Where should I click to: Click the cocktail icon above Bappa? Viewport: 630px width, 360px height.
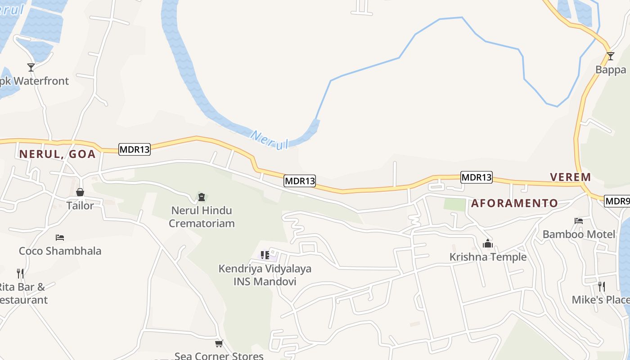610,56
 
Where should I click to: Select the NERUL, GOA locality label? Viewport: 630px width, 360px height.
57,154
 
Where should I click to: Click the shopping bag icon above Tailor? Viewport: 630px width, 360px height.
80,193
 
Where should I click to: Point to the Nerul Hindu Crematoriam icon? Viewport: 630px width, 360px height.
201,197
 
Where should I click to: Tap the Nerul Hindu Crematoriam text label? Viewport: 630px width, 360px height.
202,217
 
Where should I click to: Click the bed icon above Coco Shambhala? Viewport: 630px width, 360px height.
60,238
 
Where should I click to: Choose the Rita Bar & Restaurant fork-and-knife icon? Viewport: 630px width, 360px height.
20,273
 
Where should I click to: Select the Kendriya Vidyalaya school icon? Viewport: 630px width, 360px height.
265,256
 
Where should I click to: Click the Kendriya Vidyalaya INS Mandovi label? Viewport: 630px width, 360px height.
265,275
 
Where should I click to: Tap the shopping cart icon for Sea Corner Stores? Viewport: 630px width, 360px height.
219,344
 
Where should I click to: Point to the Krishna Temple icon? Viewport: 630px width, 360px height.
488,244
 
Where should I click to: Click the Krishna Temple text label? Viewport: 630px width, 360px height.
488,257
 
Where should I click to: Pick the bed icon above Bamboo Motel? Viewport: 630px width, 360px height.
579,221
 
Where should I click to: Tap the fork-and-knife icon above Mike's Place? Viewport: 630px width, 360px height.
601,286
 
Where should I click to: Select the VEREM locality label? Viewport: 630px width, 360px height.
571,177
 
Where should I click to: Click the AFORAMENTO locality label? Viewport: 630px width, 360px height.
514,203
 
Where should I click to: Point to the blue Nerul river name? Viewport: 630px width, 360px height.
269,140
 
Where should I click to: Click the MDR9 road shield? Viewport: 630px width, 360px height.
617,201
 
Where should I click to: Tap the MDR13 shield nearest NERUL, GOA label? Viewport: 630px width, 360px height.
134,149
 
